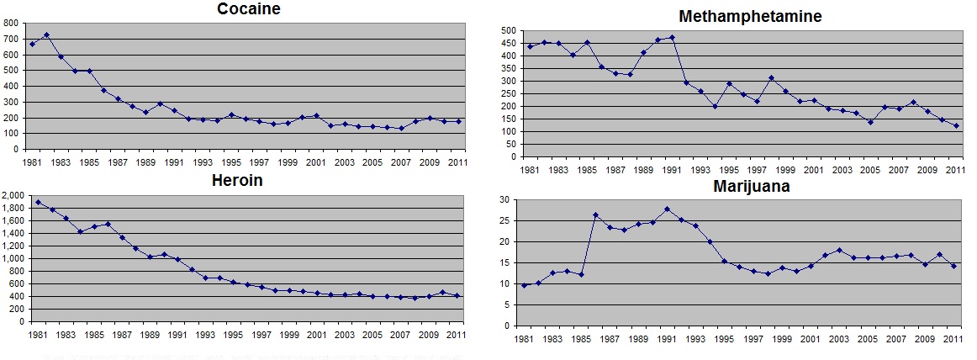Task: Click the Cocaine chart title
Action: pyautogui.click(x=248, y=9)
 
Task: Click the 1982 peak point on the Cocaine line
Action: pyautogui.click(x=46, y=35)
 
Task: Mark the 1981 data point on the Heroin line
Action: pyautogui.click(x=39, y=202)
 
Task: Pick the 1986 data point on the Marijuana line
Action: pyautogui.click(x=594, y=215)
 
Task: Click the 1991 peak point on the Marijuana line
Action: pyautogui.click(x=667, y=209)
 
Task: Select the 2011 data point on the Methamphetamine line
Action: pyautogui.click(x=957, y=125)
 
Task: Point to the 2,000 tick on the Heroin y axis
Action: pyautogui.click(x=16, y=195)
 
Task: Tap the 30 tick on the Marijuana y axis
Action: pyautogui.click(x=507, y=199)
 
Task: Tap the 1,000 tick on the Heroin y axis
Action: pyautogui.click(x=16, y=258)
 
